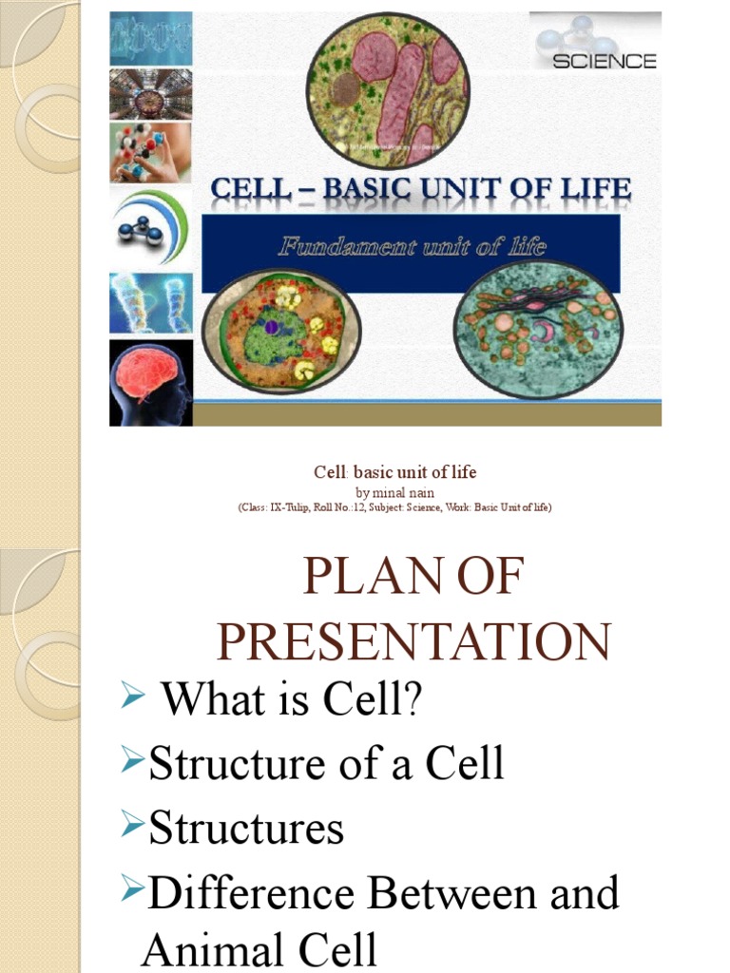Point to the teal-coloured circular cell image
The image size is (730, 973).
click(538, 327)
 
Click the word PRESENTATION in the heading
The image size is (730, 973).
click(410, 641)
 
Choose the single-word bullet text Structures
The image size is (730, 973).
click(246, 828)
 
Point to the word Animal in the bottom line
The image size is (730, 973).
click(205, 951)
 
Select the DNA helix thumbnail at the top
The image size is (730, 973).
click(150, 39)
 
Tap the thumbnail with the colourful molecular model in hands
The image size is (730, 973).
click(150, 151)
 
